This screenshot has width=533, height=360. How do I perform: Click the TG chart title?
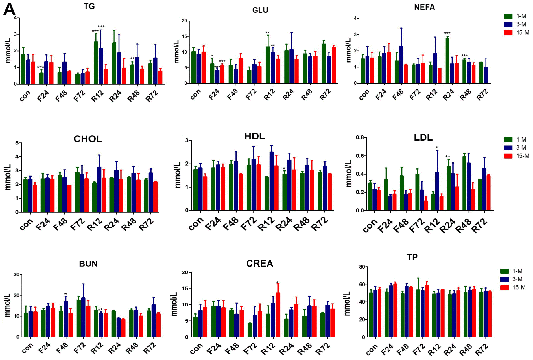point(89,6)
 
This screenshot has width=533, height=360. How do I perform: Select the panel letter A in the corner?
point(9,9)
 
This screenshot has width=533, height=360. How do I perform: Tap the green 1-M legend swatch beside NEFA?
point(508,16)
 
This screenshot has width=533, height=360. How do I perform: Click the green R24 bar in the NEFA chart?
point(447,61)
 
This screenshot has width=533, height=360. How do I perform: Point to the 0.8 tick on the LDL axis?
point(359,137)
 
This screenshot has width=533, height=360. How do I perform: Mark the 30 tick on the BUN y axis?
point(17,275)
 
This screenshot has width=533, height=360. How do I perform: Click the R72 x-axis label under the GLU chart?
point(325,95)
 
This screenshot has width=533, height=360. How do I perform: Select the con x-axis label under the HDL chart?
point(196,224)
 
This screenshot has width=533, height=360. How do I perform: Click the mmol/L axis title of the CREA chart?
point(174,304)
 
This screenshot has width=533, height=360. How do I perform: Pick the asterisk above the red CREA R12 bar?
point(277,283)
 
